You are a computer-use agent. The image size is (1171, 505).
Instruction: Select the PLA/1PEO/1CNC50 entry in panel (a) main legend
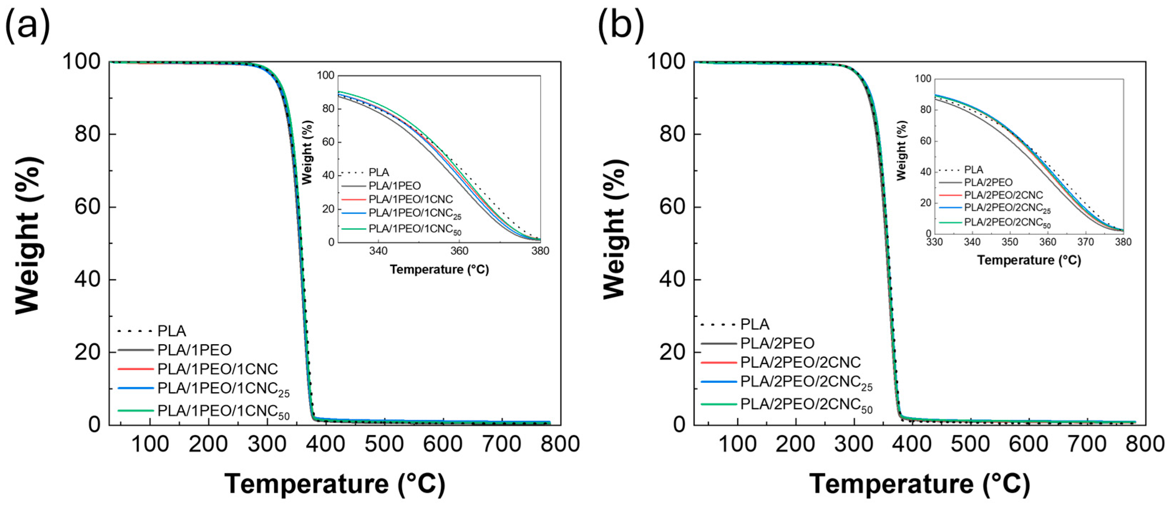coord(223,411)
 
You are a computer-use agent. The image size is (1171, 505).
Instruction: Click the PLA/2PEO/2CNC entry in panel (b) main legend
coord(800,362)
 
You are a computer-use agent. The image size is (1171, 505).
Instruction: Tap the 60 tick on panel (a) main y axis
coord(87,207)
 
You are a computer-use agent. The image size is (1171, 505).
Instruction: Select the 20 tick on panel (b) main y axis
coord(672,352)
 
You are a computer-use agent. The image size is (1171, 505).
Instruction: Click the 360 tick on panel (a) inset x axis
coord(459,251)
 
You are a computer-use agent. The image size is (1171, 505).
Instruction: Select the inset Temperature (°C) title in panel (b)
coord(1029,260)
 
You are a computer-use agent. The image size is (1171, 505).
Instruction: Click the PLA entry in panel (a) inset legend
coord(379,173)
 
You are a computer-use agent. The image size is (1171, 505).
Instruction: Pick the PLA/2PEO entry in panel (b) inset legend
coord(988,183)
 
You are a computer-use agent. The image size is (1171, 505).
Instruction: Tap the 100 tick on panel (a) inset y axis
coord(326,75)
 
